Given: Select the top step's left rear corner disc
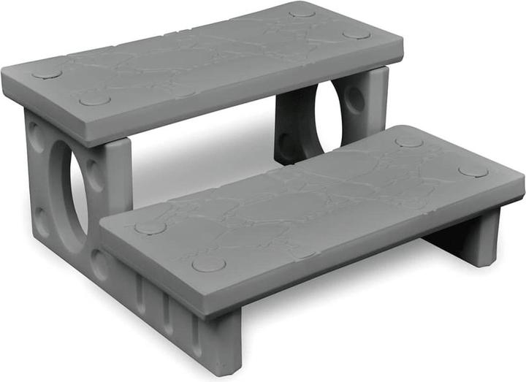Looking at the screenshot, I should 47,72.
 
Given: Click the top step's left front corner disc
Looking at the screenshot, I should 94,99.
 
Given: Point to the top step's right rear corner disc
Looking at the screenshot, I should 302,12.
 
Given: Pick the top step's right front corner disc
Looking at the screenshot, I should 357,34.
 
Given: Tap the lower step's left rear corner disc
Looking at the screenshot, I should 150,227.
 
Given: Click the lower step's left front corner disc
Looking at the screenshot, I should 208,263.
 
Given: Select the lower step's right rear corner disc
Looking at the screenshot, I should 409,140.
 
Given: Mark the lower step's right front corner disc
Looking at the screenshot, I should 473,171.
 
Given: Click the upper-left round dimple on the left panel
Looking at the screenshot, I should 35,136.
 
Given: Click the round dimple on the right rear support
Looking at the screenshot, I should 357,99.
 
